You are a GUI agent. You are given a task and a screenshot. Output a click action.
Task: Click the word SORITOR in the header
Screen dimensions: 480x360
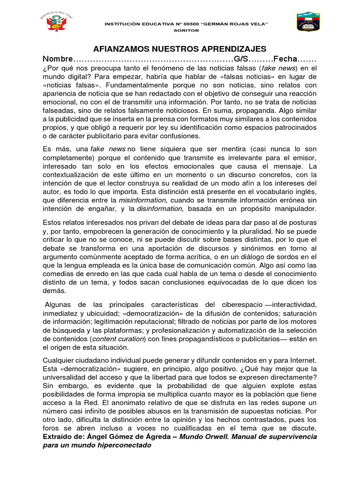[187, 30]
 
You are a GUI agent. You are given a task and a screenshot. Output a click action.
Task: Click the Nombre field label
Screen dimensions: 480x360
[58, 60]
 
